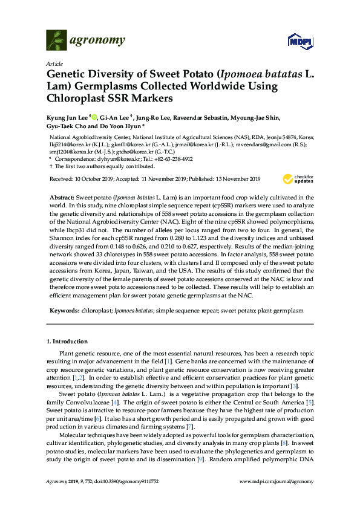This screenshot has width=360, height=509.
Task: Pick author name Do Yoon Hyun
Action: pyautogui.click(x=123, y=127)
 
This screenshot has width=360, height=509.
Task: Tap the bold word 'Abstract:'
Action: pyautogui.click(x=62, y=198)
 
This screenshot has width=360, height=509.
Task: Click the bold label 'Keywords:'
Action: pyautogui.click(x=63, y=310)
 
